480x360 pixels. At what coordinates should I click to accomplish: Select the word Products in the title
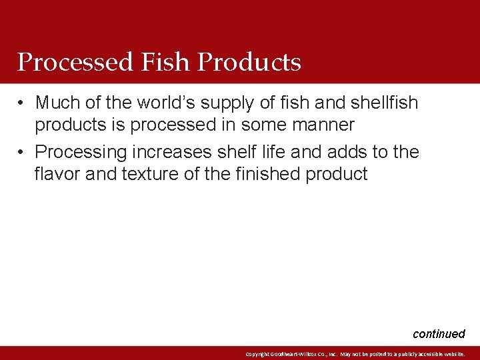pyautogui.click(x=250, y=63)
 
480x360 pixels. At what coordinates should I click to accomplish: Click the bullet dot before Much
pyautogui.click(x=22, y=103)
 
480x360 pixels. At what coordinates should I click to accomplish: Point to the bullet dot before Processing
pyautogui.click(x=22, y=153)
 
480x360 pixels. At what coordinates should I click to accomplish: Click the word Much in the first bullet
pyautogui.click(x=57, y=103)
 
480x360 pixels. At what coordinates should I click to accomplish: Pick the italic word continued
pyautogui.click(x=439, y=334)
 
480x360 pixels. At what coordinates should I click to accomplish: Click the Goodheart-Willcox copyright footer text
pyautogui.click(x=355, y=354)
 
